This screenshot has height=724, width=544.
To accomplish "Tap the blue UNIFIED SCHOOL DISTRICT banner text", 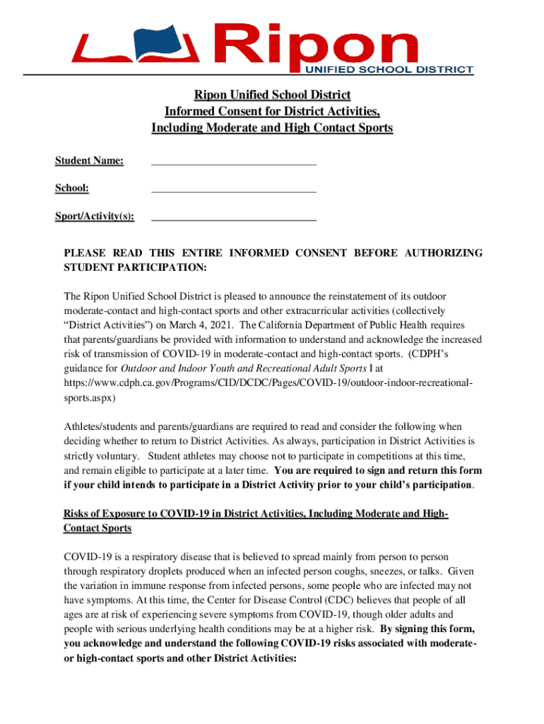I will coord(389,69).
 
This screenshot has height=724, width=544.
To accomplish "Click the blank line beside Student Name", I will coord(234,163).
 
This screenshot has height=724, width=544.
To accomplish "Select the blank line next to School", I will coord(234,191).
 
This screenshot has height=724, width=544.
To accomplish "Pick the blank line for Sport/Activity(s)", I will coord(234,219).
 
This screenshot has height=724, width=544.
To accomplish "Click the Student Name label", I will coord(90,161).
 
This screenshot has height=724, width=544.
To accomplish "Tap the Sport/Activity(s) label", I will coord(95,216).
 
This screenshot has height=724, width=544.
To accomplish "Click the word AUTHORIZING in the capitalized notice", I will coord(443,253).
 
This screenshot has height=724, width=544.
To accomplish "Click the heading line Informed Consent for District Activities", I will coord(272,112).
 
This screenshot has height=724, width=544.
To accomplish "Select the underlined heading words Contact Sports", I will coord(97,528).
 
